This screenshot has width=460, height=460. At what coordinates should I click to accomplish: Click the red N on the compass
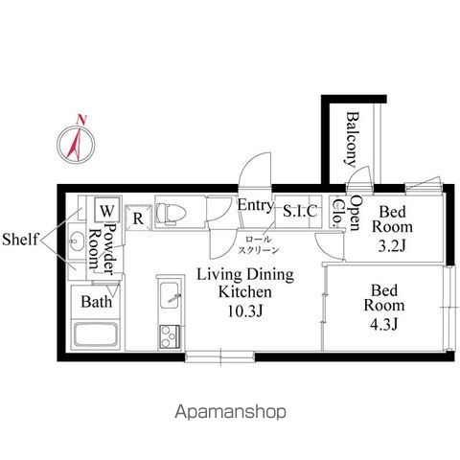pos(81,120)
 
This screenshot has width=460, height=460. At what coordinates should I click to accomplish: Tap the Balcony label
pos(353,139)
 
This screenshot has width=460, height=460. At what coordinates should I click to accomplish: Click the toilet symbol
pos(171,213)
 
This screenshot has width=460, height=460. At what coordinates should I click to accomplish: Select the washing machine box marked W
pos(107,210)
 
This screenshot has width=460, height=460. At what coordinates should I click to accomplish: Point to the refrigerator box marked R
pos(138,218)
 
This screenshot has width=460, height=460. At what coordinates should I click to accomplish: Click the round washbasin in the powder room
pos(77,241)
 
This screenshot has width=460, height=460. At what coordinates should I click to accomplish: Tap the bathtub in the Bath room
pos(96,334)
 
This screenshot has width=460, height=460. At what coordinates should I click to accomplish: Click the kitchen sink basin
pos(170,295)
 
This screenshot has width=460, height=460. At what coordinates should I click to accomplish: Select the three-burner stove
pos(170,336)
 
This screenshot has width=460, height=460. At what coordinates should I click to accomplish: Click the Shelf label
pos(20,239)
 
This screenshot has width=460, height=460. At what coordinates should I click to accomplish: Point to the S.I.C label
pos(300,211)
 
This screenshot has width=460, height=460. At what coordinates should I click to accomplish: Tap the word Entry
pos(256,205)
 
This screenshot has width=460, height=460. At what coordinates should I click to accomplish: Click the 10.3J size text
pos(245,310)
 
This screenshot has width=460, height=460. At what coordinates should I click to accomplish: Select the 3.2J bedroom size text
pos(392,246)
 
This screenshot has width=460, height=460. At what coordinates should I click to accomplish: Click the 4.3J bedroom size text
pos(384,325)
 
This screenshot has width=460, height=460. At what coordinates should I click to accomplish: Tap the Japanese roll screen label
pos(258,245)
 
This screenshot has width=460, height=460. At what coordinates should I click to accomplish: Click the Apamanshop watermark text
pos(230,412)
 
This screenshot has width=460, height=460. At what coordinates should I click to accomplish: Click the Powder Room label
pos(102,248)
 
